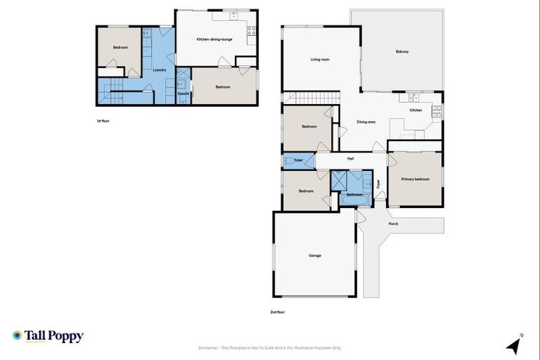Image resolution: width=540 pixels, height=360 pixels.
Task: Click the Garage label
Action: (x=314, y=255)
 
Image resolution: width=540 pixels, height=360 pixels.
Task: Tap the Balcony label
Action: (x=401, y=51)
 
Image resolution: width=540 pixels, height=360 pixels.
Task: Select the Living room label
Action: (x=320, y=60)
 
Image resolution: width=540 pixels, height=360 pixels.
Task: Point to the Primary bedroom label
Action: (x=415, y=179)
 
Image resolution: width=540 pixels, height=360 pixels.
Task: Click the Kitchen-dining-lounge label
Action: (x=214, y=39)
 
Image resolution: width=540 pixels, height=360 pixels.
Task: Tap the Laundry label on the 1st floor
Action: (x=159, y=70)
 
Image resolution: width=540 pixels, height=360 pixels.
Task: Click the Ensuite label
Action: (x=182, y=93)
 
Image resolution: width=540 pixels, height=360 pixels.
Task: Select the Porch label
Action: (x=393, y=224)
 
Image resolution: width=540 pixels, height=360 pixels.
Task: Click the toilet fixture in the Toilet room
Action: (x=290, y=161)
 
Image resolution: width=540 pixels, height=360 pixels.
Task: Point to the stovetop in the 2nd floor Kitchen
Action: (x=436, y=111)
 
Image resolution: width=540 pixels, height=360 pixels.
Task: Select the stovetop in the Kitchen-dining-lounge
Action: (x=250, y=31)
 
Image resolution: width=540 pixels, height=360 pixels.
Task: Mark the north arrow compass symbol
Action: (x=515, y=345)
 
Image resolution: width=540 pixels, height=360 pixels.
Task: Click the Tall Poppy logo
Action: (x=48, y=336)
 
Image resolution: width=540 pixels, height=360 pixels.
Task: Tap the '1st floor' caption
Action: (x=103, y=120)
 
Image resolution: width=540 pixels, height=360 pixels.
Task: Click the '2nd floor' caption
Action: (x=278, y=311)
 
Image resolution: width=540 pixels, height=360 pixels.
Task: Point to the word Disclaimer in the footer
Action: (x=210, y=347)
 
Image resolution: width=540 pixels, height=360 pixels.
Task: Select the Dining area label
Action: (x=366, y=122)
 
